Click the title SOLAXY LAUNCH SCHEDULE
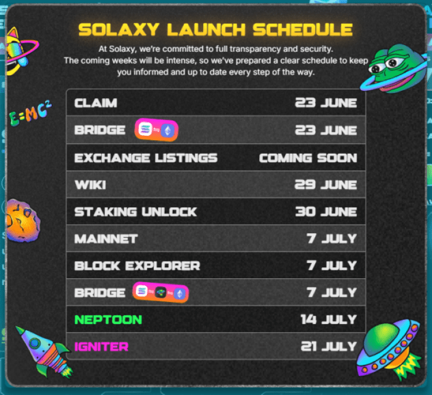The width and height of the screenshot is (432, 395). [215, 29]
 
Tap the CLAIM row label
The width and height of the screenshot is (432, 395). [96, 103]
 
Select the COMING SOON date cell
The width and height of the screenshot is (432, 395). [307, 157]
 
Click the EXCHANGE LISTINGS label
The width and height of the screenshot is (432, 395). [146, 157]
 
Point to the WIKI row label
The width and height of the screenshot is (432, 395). [90, 185]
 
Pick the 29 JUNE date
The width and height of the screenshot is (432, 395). [325, 185]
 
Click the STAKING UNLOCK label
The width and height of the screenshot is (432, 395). [135, 212]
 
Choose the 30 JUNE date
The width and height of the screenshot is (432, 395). [325, 212]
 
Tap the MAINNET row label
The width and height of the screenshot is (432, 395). [106, 239]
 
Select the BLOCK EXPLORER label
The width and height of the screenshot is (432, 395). [137, 266]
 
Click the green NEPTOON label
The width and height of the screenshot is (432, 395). [108, 320]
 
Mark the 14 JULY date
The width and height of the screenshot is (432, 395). [329, 320]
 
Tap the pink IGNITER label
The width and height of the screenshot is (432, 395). [101, 346]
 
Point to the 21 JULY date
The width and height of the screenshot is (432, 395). [329, 346]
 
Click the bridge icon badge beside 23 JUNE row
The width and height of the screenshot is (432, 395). [157, 130]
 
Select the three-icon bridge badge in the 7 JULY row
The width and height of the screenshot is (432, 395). [160, 293]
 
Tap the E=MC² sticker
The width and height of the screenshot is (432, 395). [30, 114]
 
